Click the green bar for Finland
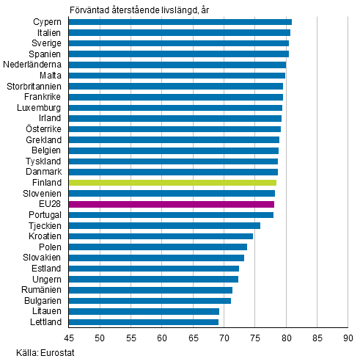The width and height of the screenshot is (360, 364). point(172,183)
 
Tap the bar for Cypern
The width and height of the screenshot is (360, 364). point(180,22)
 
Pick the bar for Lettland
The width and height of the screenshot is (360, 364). point(143,321)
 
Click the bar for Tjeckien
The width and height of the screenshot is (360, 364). point(164,225)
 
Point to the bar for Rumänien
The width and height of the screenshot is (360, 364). point(150,290)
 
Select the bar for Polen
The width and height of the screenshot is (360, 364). point(158,247)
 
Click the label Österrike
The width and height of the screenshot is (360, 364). point(43,129)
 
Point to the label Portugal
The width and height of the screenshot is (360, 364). point(44,215)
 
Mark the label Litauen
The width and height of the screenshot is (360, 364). point(45,311)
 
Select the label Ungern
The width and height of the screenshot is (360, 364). point(46,279)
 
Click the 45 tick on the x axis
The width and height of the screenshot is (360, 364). point(68,338)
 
